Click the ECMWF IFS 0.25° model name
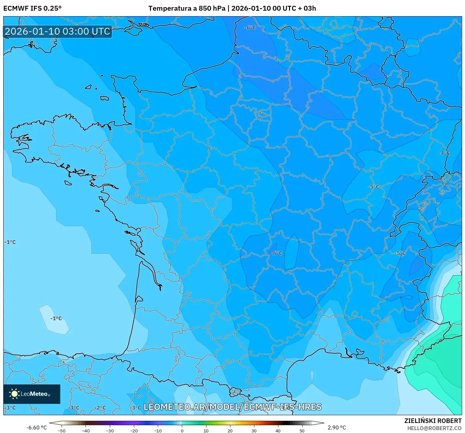tap(32, 8)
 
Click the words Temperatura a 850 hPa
tap(187, 8)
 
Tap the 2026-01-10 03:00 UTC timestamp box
tap(58, 31)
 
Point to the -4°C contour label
tap(444, 153)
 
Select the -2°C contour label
tap(100, 408)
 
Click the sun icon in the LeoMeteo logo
tap(14, 394)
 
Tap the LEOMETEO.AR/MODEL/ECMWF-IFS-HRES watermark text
tap(232, 407)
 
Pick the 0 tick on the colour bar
tap(182, 430)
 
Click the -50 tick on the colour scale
tap(62, 430)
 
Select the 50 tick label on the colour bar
tap(302, 430)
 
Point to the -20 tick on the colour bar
tap(134, 430)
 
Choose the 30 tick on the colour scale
tap(254, 430)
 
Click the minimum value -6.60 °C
tap(36, 427)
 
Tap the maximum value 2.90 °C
tap(337, 427)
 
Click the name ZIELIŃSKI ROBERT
tap(433, 421)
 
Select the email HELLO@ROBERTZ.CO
tap(434, 428)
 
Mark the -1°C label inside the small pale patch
tap(56, 318)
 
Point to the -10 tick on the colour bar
tap(158, 430)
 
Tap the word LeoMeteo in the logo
tap(34, 394)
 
